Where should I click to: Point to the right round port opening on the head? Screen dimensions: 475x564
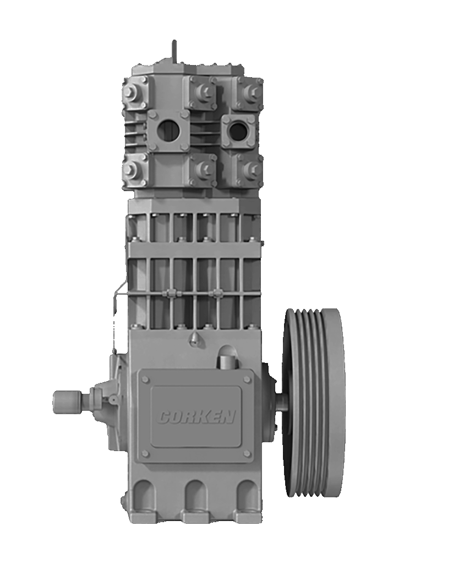238,130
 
